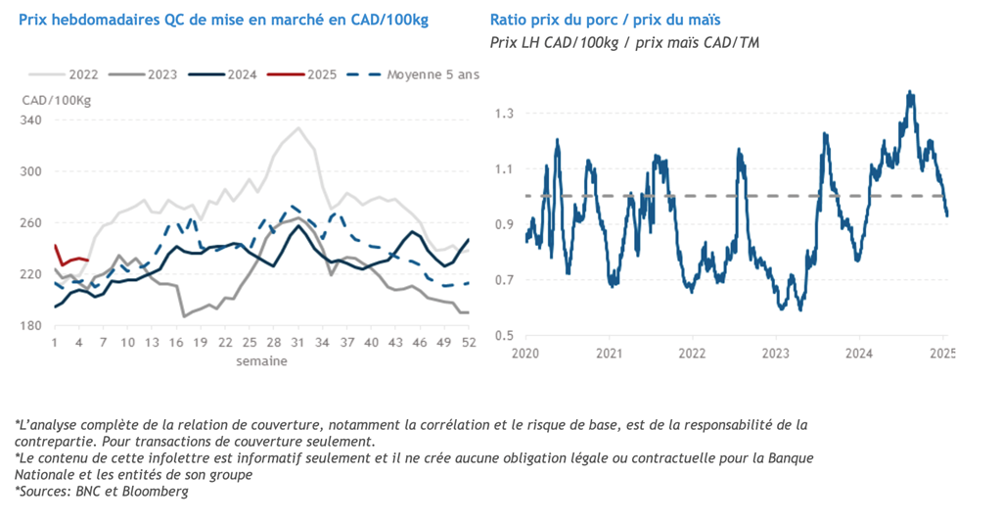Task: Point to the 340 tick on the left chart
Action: pyautogui.click(x=33, y=120)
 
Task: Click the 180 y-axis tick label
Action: pyautogui.click(x=33, y=325)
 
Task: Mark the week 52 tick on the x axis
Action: pyautogui.click(x=468, y=343)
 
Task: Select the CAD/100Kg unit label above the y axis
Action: pyautogui.click(x=56, y=99)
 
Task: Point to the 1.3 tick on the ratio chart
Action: pyautogui.click(x=504, y=115)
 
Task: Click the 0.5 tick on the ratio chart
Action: pyautogui.click(x=504, y=336)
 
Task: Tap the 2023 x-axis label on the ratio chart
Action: pyautogui.click(x=776, y=352)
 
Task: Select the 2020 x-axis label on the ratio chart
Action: pyautogui.click(x=526, y=352)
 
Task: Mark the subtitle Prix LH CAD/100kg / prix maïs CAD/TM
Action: pyautogui.click(x=624, y=42)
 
